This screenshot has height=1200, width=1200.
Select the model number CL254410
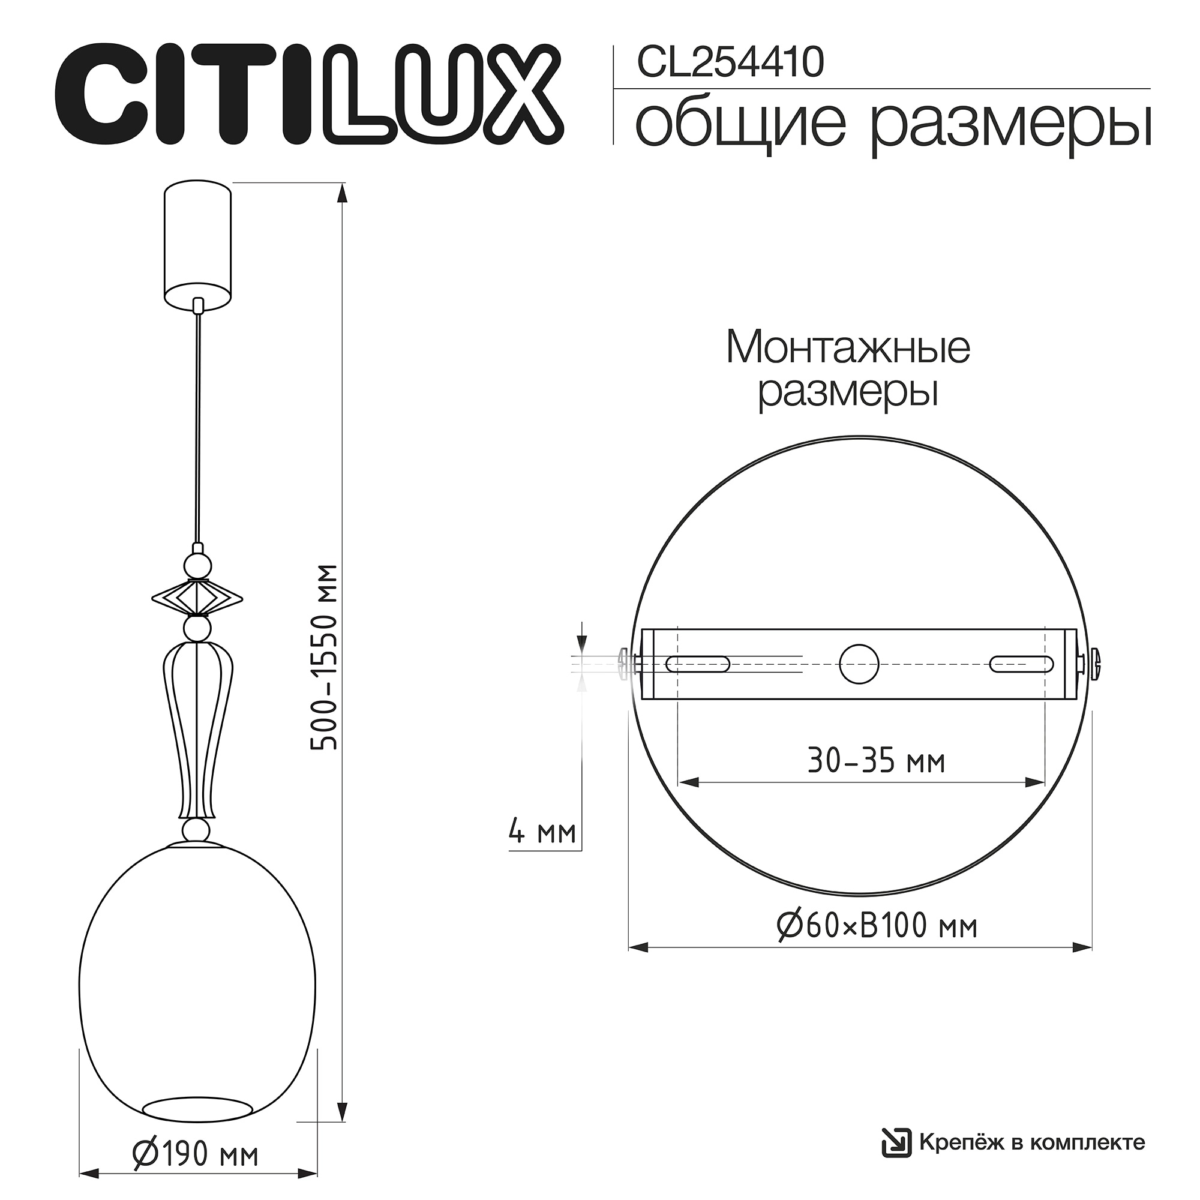click(x=730, y=63)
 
